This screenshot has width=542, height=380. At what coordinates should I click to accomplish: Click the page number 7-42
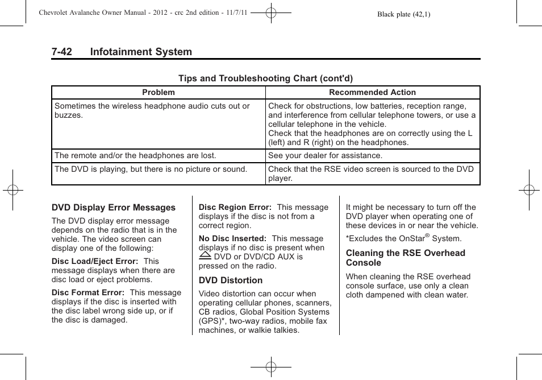[61, 52]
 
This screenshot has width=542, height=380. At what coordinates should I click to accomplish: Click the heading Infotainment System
[140, 52]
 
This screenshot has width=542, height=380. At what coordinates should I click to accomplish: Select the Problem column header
[159, 92]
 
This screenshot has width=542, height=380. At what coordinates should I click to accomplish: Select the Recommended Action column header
[372, 92]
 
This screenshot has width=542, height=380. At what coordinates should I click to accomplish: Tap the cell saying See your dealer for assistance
[325, 155]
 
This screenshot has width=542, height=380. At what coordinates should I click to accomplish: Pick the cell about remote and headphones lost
[135, 155]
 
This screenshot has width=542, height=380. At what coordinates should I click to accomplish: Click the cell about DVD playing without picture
[151, 169]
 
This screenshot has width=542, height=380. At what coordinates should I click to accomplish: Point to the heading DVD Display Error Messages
[114, 208]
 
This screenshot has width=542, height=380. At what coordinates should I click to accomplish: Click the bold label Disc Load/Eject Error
[95, 262]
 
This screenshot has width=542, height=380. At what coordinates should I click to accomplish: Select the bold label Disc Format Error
[88, 293]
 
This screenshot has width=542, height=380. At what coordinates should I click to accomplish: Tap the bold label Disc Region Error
[235, 208]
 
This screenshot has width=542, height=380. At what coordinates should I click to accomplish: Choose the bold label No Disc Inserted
[232, 239]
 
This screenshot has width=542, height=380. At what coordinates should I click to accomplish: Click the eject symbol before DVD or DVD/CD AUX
[205, 256]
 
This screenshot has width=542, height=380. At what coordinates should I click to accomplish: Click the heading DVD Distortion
[230, 280]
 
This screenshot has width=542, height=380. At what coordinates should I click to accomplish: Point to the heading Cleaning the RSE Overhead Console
[405, 258]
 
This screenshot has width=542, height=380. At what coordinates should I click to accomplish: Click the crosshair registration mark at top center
[271, 11]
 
